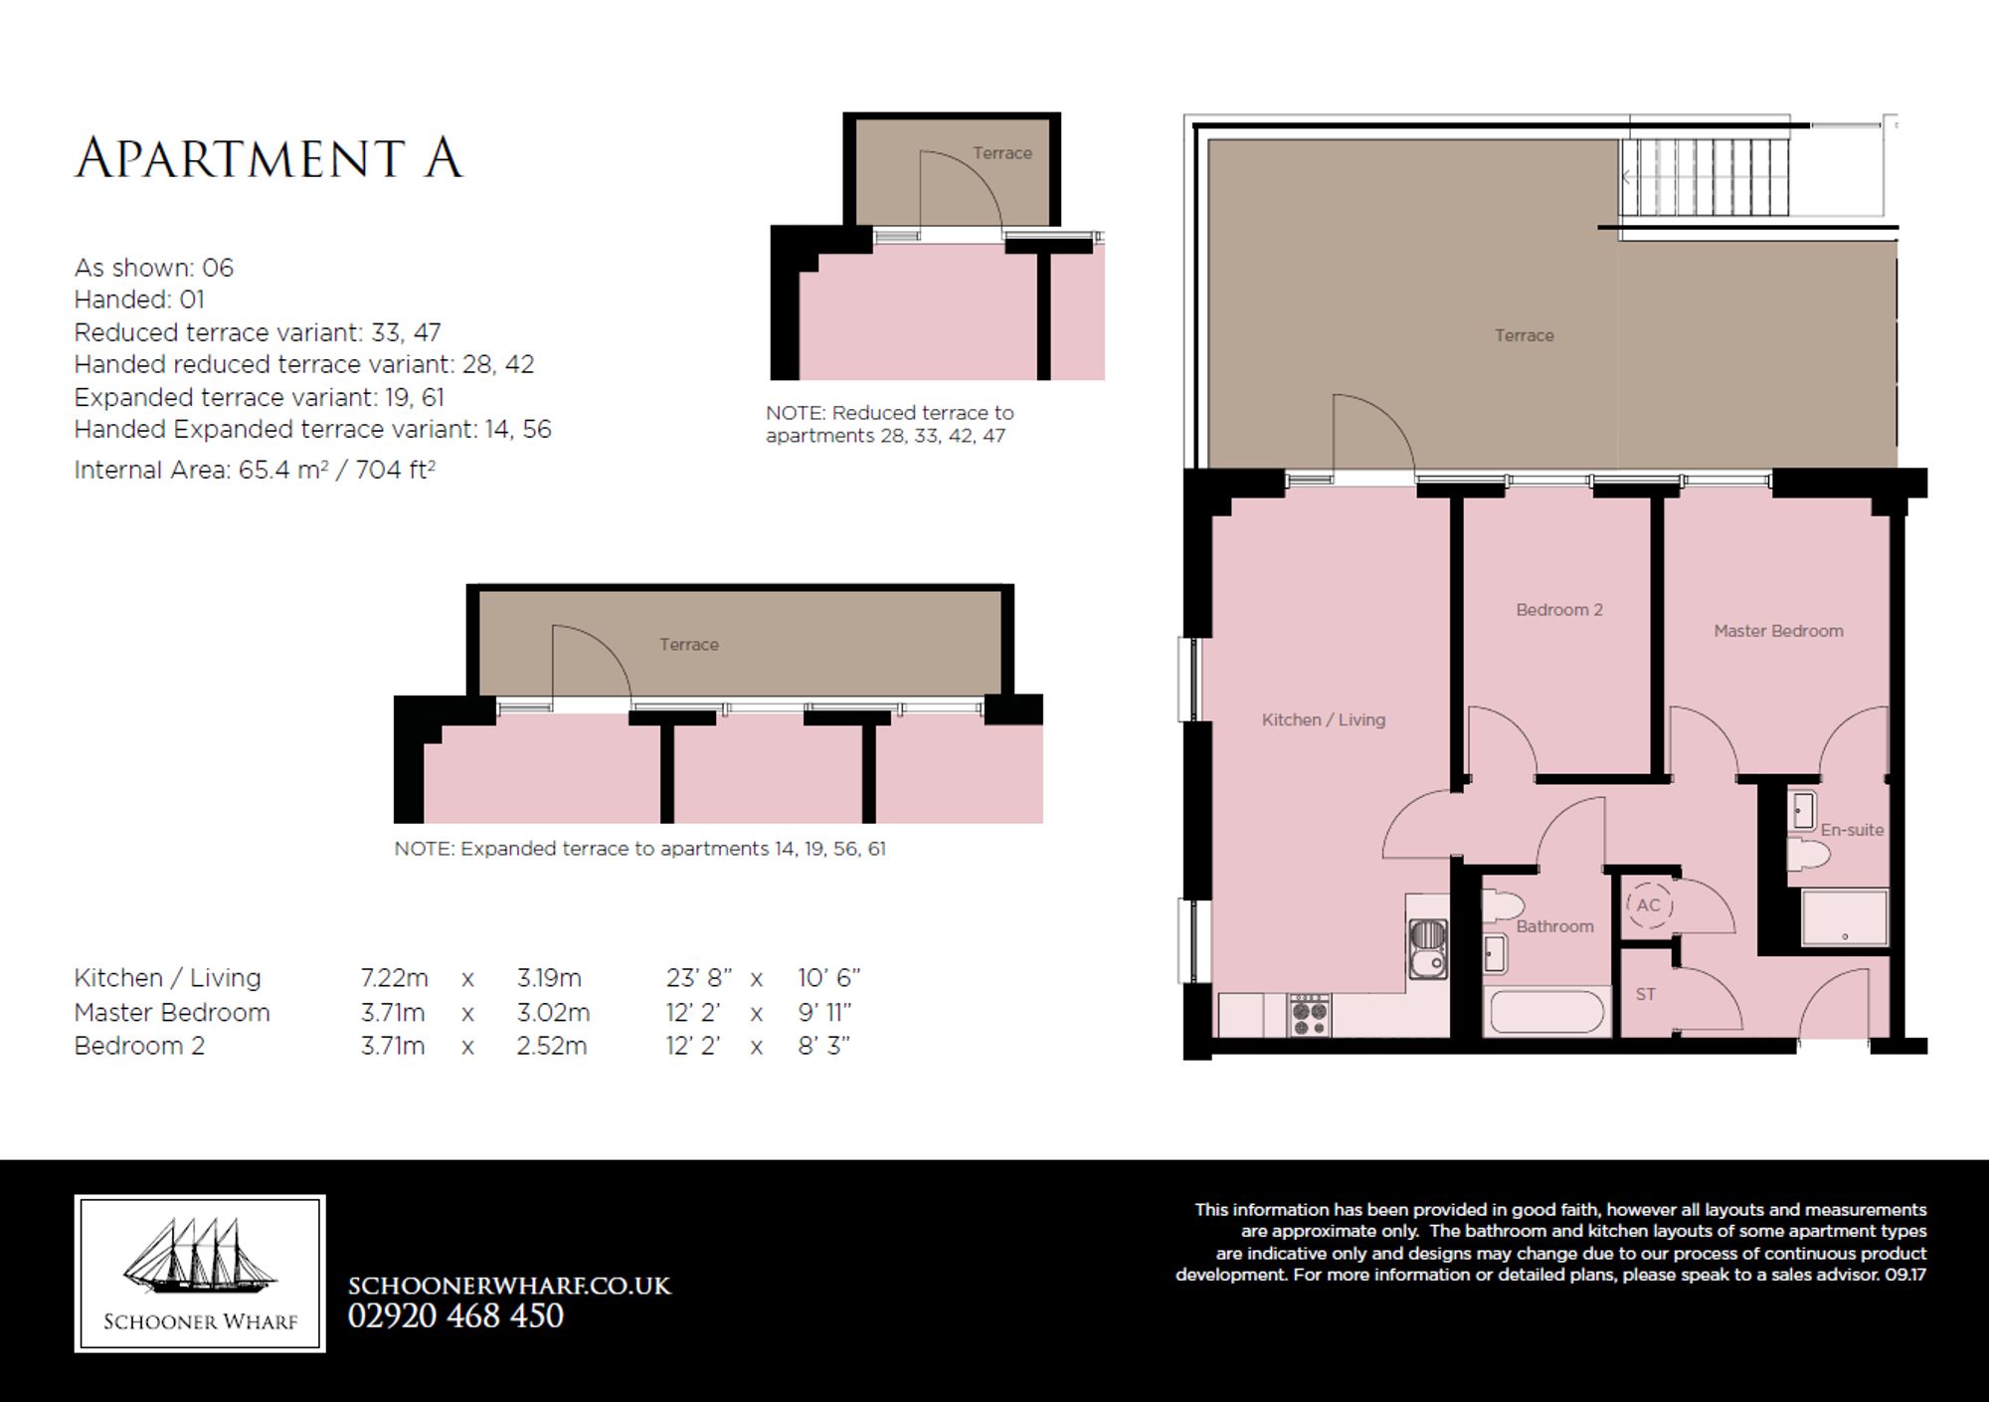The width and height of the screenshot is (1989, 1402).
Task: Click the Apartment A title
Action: click(269, 159)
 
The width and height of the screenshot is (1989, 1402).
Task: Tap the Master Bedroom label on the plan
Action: click(1778, 631)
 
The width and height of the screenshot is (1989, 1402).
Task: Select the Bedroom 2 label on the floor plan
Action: click(1559, 610)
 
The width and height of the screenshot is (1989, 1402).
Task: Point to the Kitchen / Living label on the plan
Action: click(1324, 719)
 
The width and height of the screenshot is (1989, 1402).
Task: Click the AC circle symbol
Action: click(1649, 905)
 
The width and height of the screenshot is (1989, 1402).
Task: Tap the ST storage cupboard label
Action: click(1646, 994)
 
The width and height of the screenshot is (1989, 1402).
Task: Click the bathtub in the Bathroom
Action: click(1545, 1013)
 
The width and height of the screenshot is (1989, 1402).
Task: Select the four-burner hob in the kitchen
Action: click(1309, 1015)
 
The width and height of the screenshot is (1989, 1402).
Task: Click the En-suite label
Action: click(1852, 830)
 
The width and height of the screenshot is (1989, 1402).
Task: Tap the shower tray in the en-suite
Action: click(1845, 917)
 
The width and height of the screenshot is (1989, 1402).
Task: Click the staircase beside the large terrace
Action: click(1703, 178)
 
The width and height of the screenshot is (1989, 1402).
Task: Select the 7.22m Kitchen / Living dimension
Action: click(394, 978)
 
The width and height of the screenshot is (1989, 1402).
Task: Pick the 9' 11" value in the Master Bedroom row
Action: click(824, 1013)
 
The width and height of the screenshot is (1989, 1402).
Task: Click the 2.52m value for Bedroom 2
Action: click(552, 1046)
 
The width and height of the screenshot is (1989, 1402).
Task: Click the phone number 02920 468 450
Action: click(455, 1315)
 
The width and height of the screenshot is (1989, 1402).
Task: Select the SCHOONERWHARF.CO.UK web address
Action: click(509, 1286)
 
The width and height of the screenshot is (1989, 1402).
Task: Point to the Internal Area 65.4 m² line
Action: click(255, 470)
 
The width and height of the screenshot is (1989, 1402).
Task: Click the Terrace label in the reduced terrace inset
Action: click(1002, 153)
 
